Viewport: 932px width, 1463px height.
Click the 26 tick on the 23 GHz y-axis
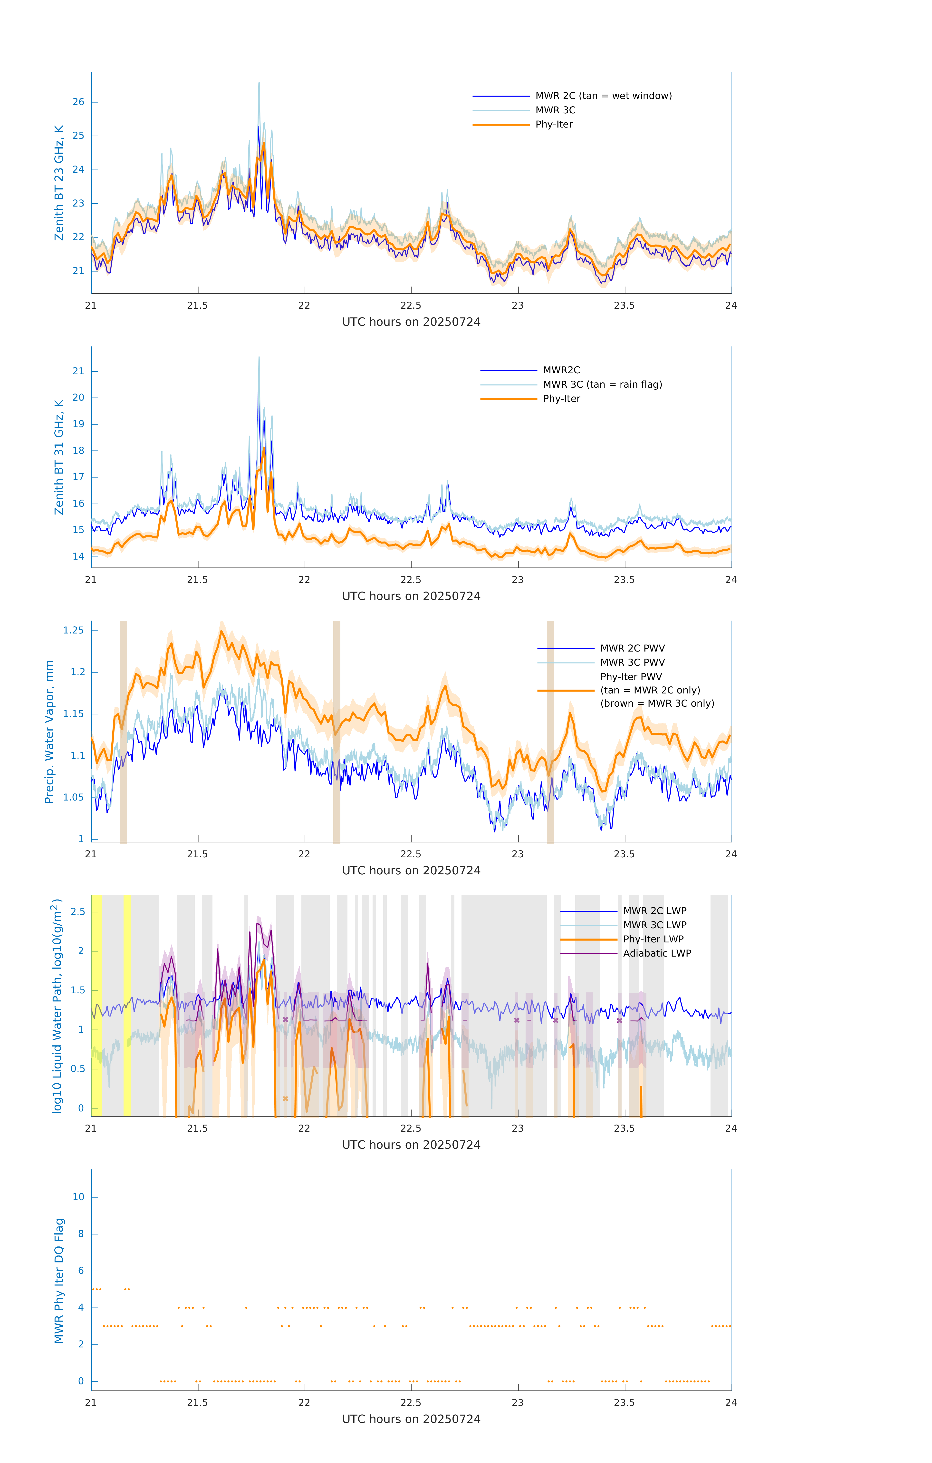[x=78, y=102]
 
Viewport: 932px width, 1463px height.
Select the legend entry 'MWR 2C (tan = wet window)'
[x=603, y=96]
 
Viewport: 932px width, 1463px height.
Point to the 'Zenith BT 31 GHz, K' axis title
[x=59, y=457]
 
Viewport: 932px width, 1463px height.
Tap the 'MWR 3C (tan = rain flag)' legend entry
[x=602, y=385]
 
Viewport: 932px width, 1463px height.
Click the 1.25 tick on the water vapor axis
[x=74, y=631]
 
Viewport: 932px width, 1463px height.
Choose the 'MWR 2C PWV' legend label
[x=632, y=648]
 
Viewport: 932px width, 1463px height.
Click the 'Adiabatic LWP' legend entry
[x=656, y=953]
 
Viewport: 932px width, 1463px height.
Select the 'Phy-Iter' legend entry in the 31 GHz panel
[x=561, y=399]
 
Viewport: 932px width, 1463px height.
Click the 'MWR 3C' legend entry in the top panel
[x=555, y=110]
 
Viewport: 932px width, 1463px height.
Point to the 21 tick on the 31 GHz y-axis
[x=78, y=371]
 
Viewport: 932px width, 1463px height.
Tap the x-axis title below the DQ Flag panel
[x=411, y=1419]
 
